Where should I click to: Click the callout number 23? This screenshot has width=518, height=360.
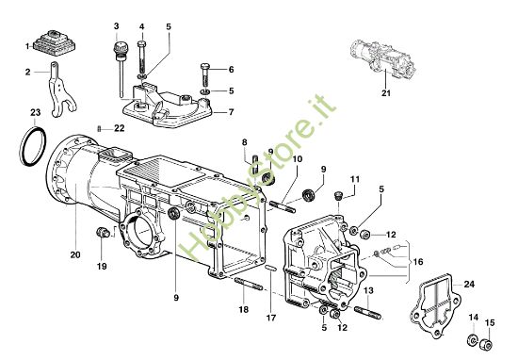click(35, 113)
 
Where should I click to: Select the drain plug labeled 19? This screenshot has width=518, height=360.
click(103, 234)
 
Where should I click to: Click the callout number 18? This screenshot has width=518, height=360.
click(242, 309)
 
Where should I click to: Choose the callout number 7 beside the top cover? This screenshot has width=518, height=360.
click(231, 112)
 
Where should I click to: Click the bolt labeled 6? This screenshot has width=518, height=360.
click(206, 72)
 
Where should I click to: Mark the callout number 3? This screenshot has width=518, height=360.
click(116, 25)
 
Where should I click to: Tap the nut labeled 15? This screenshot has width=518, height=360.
click(488, 340)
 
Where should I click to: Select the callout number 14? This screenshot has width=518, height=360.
click(473, 319)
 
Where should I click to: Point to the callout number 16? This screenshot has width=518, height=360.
click(417, 262)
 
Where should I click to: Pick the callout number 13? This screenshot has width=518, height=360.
click(370, 291)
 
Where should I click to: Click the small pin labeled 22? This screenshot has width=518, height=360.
click(100, 128)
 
